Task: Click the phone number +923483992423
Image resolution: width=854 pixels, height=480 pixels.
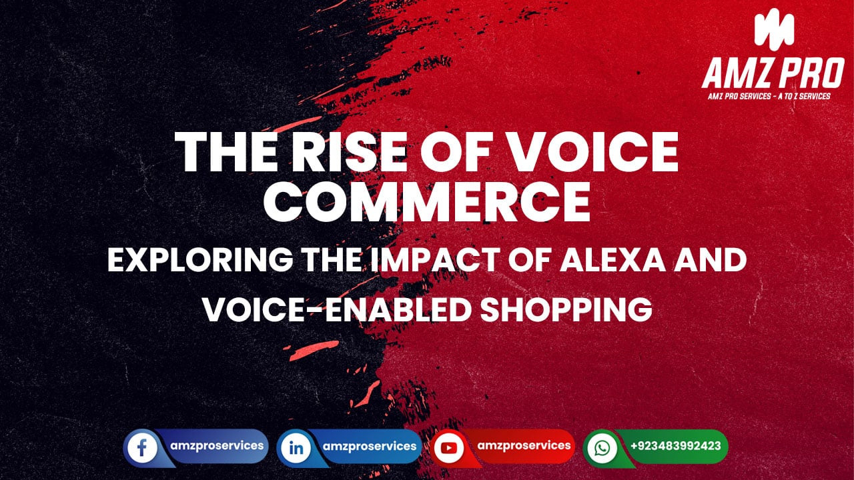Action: tap(675, 446)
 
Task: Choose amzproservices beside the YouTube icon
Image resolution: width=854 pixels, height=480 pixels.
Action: tap(525, 445)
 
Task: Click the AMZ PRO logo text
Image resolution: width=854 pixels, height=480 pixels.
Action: tap(773, 73)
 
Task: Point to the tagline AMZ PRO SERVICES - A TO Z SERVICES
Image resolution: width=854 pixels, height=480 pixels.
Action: tap(769, 96)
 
